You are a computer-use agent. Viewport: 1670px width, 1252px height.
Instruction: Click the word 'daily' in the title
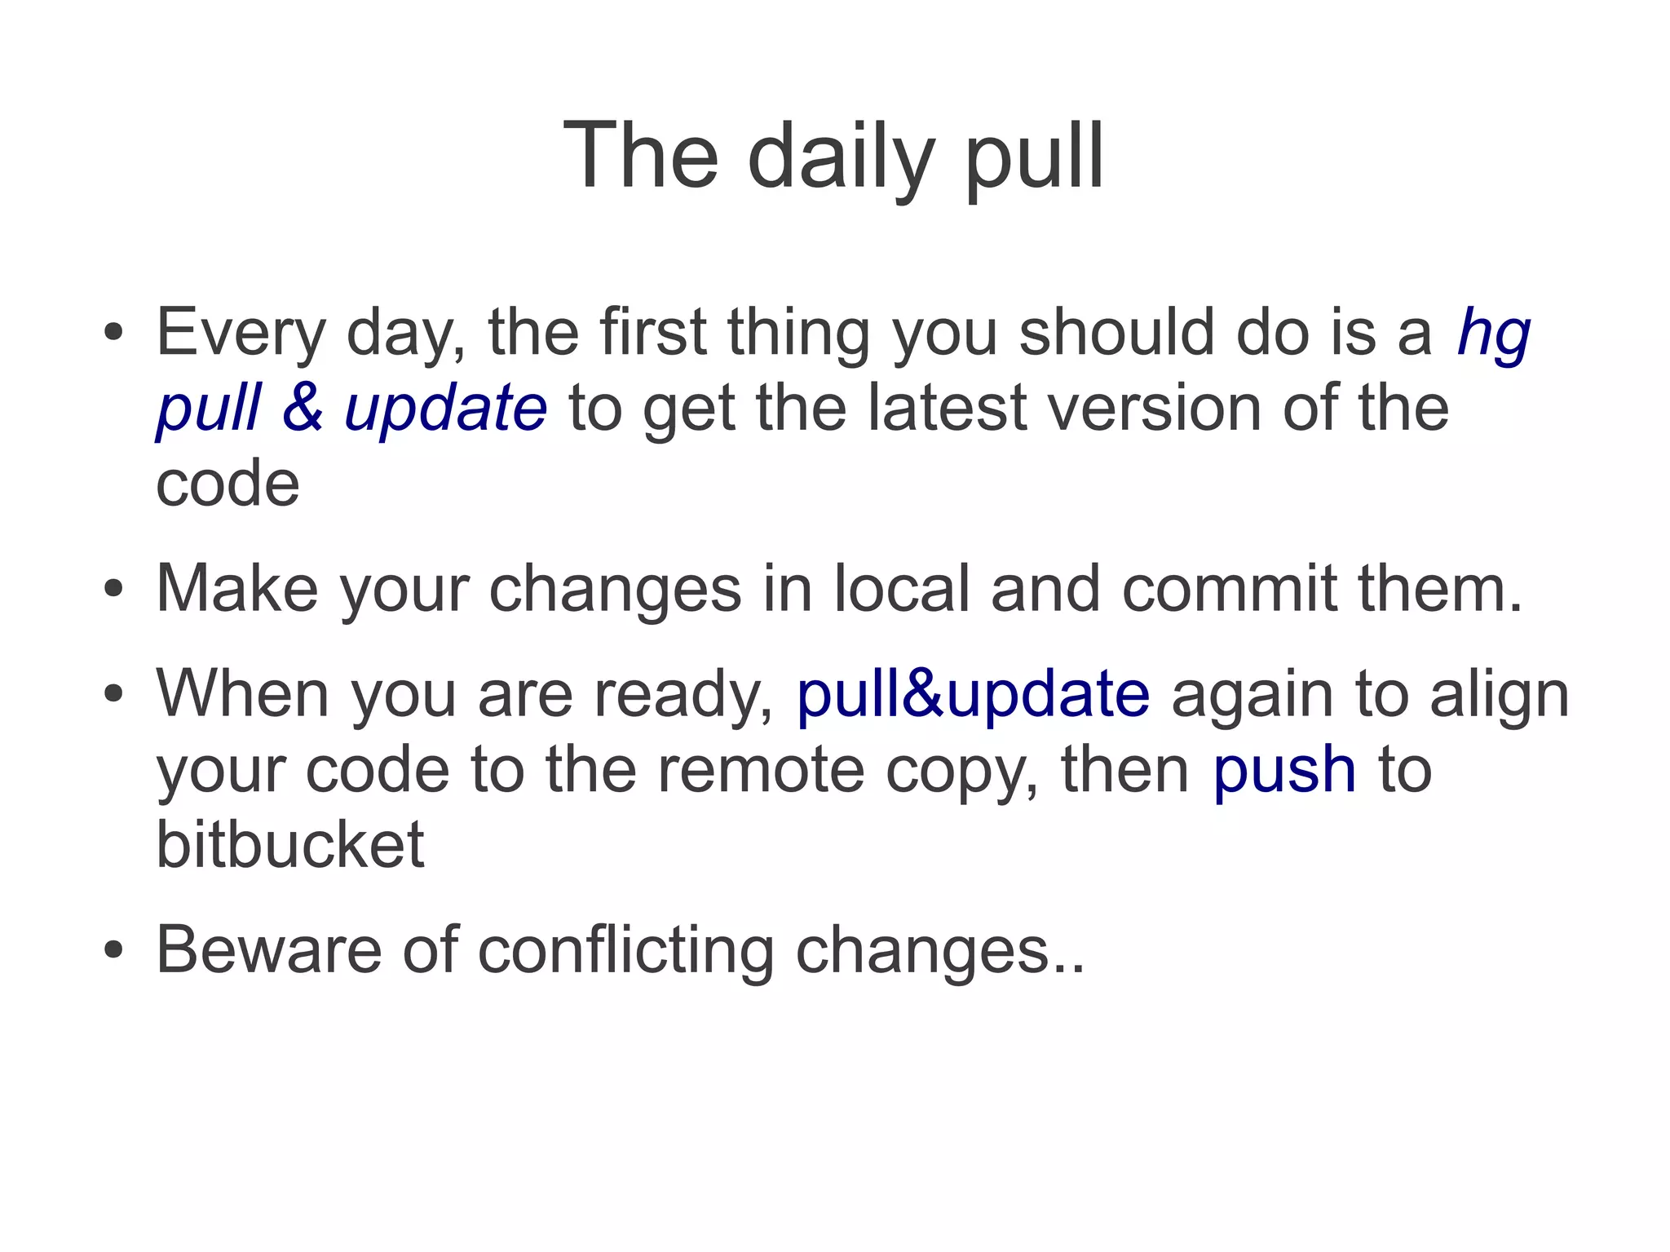(841, 157)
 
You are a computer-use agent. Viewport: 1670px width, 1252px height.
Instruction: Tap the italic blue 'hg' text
(1493, 336)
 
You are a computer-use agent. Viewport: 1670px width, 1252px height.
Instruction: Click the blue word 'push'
(1284, 771)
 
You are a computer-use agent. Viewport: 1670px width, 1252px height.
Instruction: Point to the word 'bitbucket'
(290, 844)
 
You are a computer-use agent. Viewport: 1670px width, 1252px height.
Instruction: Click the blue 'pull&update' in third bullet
(973, 694)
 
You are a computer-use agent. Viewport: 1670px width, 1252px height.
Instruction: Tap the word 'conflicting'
(625, 951)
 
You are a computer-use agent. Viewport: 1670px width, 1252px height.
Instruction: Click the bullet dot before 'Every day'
(113, 334)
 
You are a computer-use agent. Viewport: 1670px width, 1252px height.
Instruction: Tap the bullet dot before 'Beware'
(113, 951)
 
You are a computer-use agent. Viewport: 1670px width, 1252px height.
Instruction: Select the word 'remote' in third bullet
(760, 771)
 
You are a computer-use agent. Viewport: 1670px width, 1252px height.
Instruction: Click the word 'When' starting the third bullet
(242, 694)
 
